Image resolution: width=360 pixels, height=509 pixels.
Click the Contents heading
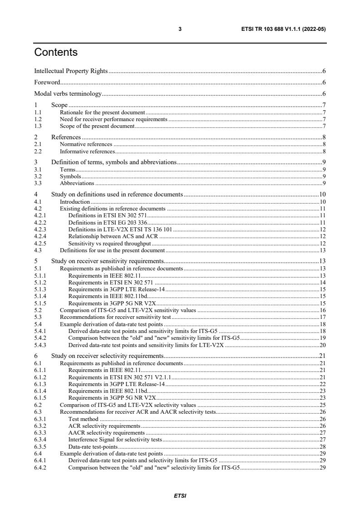(x=56, y=53)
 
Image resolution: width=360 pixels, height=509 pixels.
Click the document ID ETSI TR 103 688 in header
(x=284, y=29)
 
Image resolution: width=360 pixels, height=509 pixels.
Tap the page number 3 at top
(x=180, y=29)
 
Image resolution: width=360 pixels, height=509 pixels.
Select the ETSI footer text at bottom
(x=180, y=496)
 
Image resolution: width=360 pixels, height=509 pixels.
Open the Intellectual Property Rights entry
(x=71, y=71)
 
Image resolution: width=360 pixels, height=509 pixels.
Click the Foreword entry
(x=47, y=83)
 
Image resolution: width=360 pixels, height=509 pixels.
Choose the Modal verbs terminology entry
(x=68, y=94)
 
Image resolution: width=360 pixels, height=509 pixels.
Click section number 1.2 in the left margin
(x=38, y=119)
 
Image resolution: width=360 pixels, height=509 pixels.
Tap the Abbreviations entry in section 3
(x=77, y=183)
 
